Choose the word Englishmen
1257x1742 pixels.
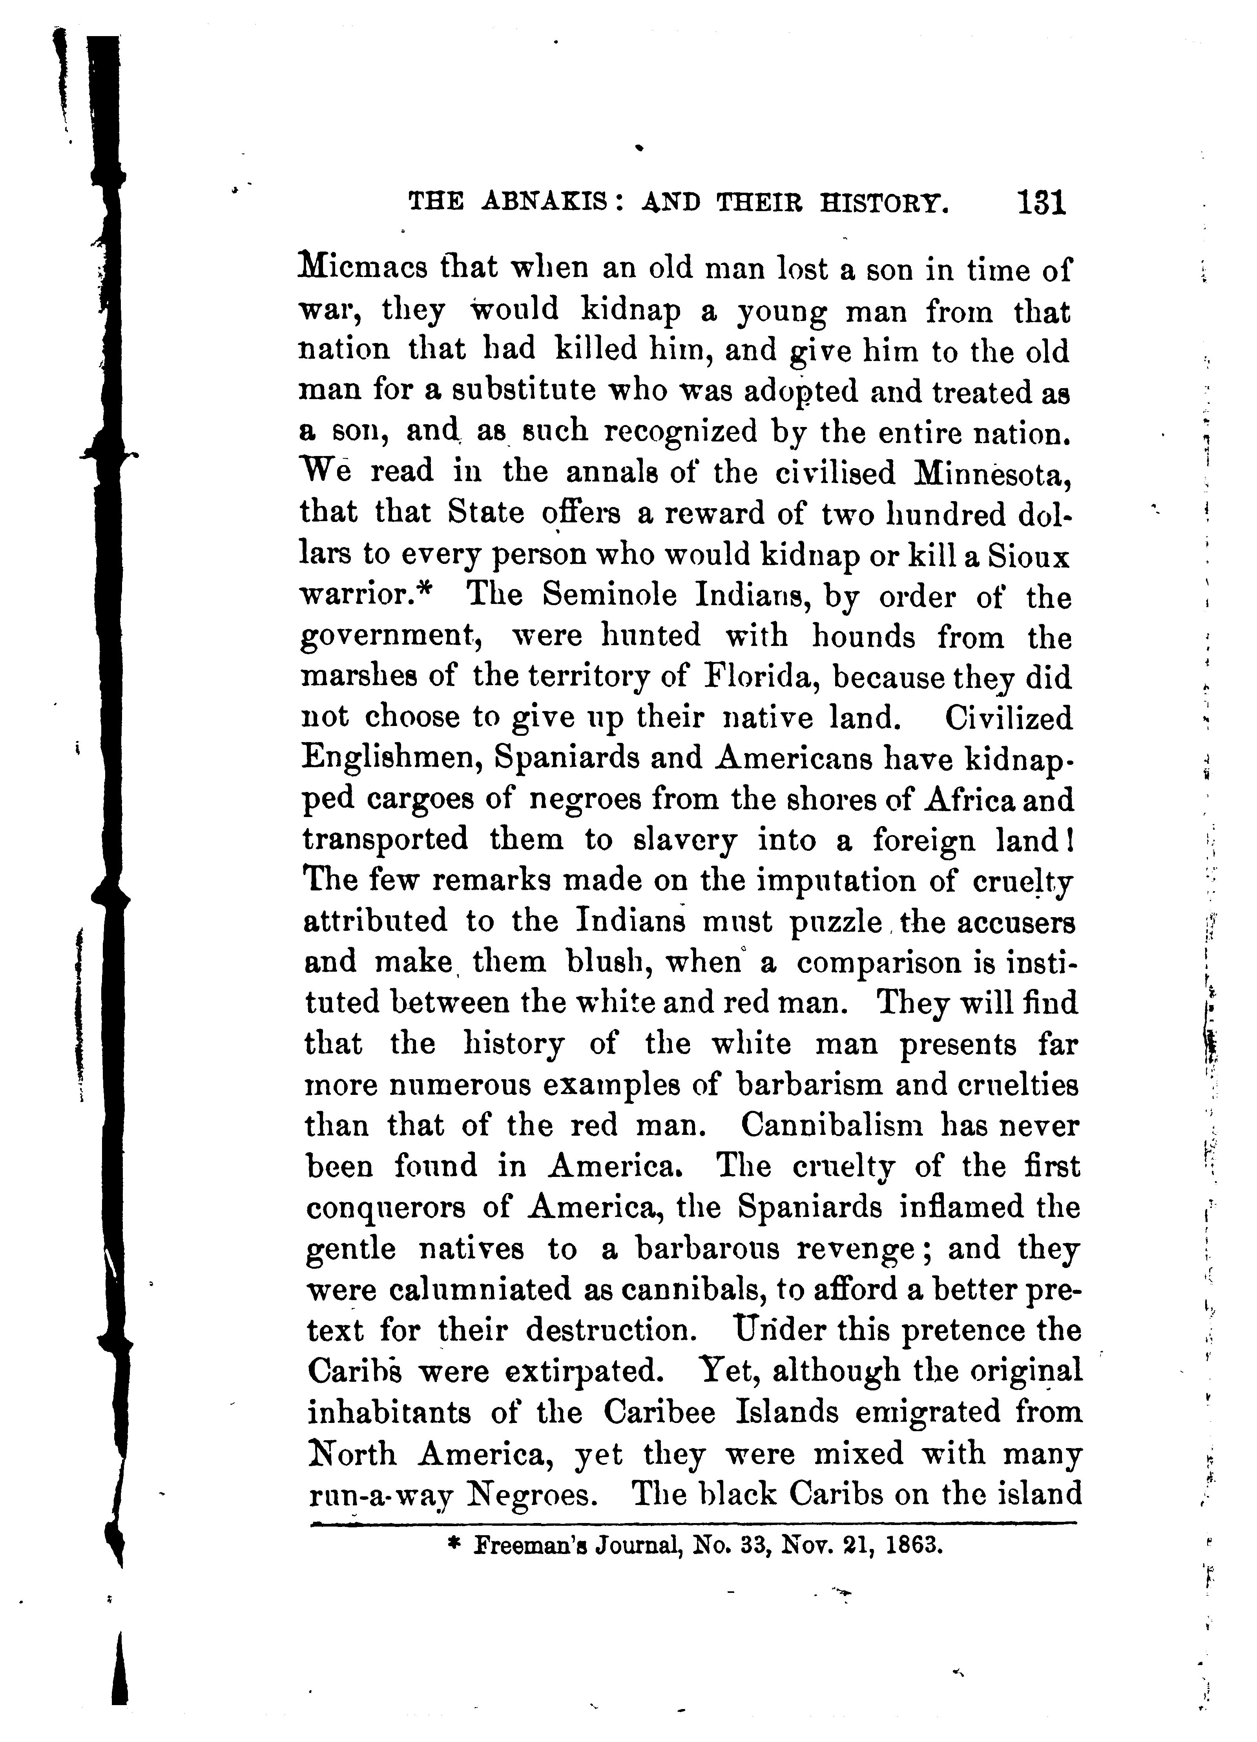pos(392,759)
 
